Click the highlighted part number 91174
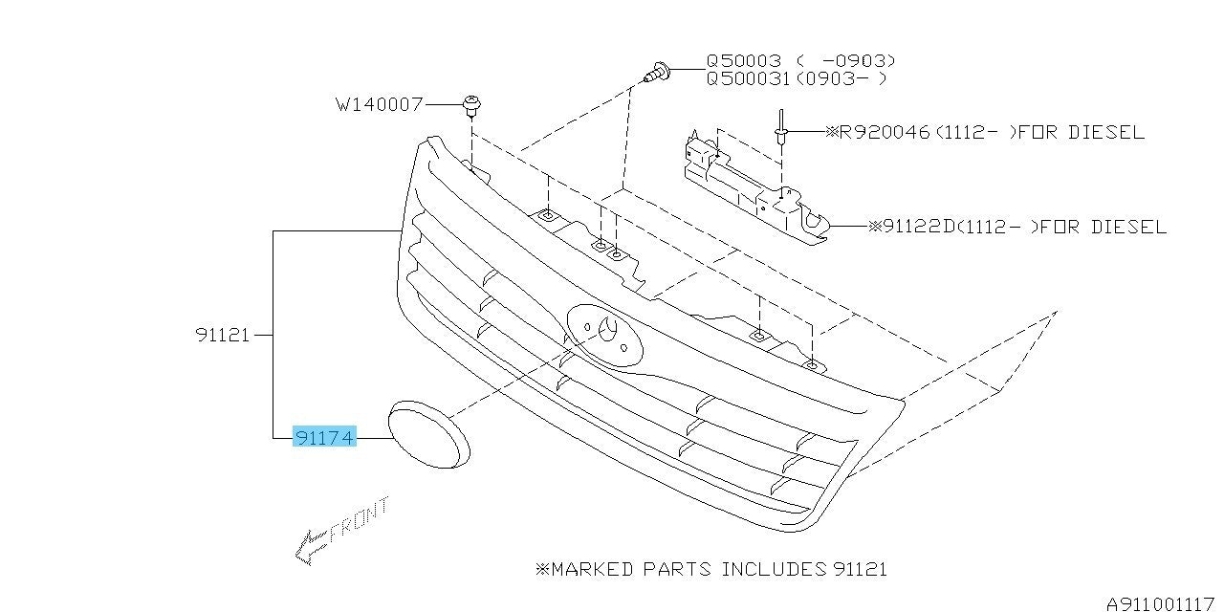click(x=324, y=437)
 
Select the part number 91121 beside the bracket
click(x=223, y=335)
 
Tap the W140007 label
click(x=380, y=104)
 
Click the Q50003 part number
click(x=744, y=60)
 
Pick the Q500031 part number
click(x=748, y=78)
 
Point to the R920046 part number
click(x=885, y=132)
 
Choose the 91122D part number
click(x=919, y=227)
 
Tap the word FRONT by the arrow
click(x=359, y=519)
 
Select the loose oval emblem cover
click(x=429, y=434)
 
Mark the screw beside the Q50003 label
click(x=658, y=72)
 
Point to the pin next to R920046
click(x=781, y=128)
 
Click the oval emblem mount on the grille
click(x=605, y=336)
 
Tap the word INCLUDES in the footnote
click(x=774, y=569)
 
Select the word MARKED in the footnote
click(x=592, y=569)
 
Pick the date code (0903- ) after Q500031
click(x=839, y=78)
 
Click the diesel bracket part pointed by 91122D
click(x=756, y=188)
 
